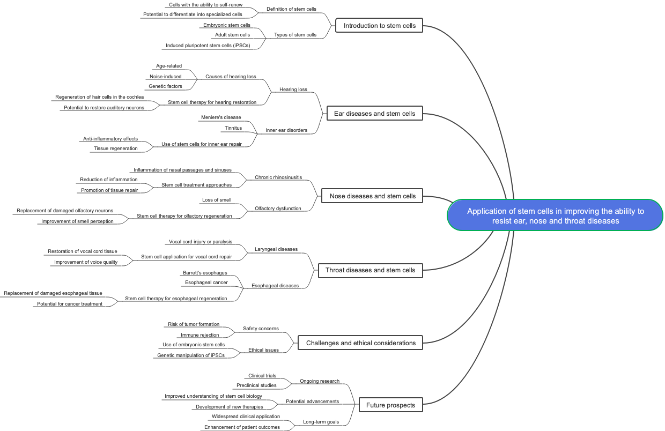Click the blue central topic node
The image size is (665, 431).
tap(555, 215)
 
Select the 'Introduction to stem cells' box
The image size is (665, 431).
tap(379, 25)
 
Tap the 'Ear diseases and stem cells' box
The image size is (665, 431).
tap(374, 113)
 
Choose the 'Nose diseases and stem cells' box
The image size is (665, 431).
tap(372, 196)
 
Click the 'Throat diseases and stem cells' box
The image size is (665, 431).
tap(370, 270)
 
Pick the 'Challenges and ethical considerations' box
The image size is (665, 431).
tap(360, 343)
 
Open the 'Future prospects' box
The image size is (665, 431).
tap(390, 405)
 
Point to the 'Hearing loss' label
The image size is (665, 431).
tap(293, 90)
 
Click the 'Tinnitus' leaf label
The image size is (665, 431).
tap(233, 128)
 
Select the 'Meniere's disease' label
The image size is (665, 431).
tap(221, 117)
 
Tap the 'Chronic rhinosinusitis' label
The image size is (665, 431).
tap(278, 177)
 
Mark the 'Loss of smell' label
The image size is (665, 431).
tap(217, 200)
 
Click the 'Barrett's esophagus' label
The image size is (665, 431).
tap(205, 273)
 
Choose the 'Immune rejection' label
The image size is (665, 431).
tap(199, 335)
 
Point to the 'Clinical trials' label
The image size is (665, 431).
tap(262, 376)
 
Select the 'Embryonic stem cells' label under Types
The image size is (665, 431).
tap(227, 25)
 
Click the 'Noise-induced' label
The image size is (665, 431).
tap(166, 77)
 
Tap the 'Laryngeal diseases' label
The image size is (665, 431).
tap(276, 249)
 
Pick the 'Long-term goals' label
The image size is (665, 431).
tap(321, 422)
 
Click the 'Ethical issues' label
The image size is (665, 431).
tap(263, 350)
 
